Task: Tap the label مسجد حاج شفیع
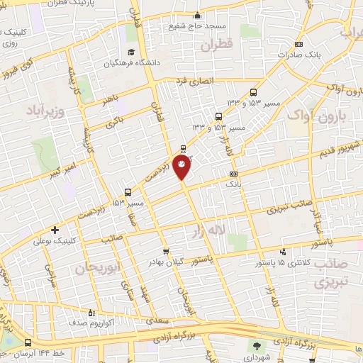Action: point(196,26)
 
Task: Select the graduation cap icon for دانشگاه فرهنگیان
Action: point(131,52)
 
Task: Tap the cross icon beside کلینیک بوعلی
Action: point(55,230)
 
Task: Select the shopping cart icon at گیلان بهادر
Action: point(166,251)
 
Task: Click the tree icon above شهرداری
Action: point(254,346)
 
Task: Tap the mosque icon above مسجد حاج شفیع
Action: point(196,14)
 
